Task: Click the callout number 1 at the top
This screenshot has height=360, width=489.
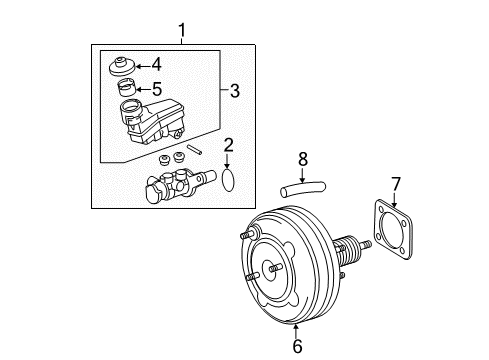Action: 181,32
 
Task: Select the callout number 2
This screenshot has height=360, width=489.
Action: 228,146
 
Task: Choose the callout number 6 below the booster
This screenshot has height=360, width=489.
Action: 295,345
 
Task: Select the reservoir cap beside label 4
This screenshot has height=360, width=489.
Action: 124,70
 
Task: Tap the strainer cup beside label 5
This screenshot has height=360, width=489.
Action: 127,88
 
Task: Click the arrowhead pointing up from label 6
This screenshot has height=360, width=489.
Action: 295,327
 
